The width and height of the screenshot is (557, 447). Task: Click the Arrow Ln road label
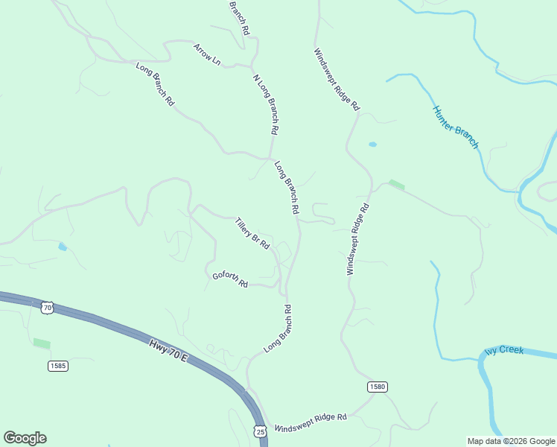pyautogui.click(x=207, y=54)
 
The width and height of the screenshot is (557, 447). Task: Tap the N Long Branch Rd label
pyautogui.click(x=266, y=104)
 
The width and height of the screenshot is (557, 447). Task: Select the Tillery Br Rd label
pyautogui.click(x=252, y=232)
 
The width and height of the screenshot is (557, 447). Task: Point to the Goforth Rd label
pyautogui.click(x=229, y=279)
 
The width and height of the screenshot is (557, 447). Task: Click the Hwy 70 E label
pyautogui.click(x=169, y=350)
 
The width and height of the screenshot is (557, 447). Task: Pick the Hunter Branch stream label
pyautogui.click(x=456, y=127)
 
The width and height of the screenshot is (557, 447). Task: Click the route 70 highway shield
pyautogui.click(x=48, y=307)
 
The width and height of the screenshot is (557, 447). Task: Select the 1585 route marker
pyautogui.click(x=58, y=366)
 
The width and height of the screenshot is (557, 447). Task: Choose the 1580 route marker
pyautogui.click(x=377, y=387)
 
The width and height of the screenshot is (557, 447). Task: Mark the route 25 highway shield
pyautogui.click(x=259, y=431)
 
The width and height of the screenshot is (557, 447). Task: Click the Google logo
pyautogui.click(x=25, y=438)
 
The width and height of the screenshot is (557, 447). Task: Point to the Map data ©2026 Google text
pyautogui.click(x=510, y=441)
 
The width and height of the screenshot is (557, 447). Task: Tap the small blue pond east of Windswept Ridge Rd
pyautogui.click(x=372, y=144)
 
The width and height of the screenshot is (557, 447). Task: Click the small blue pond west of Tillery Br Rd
pyautogui.click(x=63, y=247)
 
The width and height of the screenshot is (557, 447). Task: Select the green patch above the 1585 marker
pyautogui.click(x=42, y=343)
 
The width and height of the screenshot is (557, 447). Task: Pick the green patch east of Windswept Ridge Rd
pyautogui.click(x=397, y=185)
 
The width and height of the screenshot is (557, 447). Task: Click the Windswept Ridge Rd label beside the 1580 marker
pyautogui.click(x=311, y=423)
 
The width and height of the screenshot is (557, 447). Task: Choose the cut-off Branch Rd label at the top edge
pyautogui.click(x=239, y=16)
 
